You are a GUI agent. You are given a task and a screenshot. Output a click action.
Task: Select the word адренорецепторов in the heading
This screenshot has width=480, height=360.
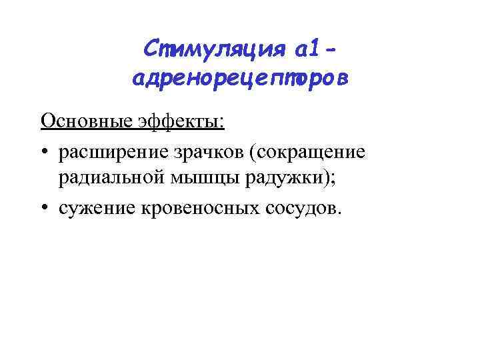pos(240,79)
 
